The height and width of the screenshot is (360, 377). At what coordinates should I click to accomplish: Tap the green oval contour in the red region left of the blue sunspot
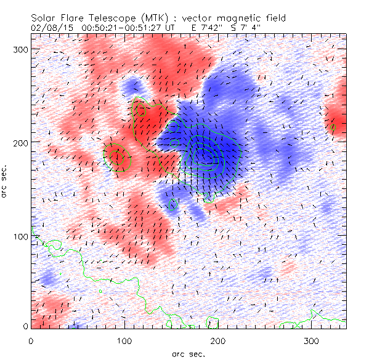coord(119,157)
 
